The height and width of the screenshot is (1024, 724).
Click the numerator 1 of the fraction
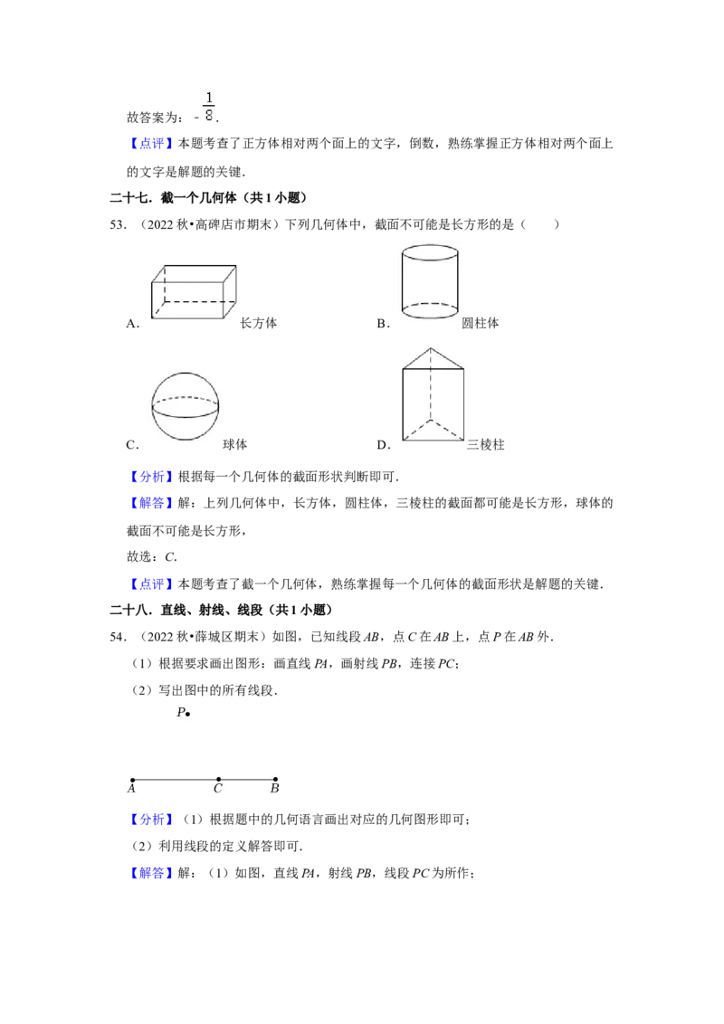pos(209,97)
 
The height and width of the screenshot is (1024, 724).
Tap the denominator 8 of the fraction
pos(209,115)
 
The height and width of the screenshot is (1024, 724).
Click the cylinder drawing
pos(430,281)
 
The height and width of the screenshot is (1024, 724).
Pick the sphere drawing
pos(185,405)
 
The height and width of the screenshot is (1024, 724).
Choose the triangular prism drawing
pos(433,394)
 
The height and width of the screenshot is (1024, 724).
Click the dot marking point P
pos(187,715)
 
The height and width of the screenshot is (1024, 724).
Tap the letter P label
pos(180,713)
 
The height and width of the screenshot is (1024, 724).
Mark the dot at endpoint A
pos(132,780)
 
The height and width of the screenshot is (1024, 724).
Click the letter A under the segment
pos(131,789)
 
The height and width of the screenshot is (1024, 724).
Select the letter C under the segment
pos(218,789)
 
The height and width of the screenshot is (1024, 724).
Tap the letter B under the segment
pos(274,789)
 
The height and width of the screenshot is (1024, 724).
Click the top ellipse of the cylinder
pos(430,252)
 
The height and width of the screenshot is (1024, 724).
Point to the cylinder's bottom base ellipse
pos(430,310)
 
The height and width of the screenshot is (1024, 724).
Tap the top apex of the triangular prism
pos(432,348)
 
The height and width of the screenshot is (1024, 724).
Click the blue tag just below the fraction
pos(151,144)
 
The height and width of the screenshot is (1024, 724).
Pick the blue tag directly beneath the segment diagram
pos(151,820)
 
